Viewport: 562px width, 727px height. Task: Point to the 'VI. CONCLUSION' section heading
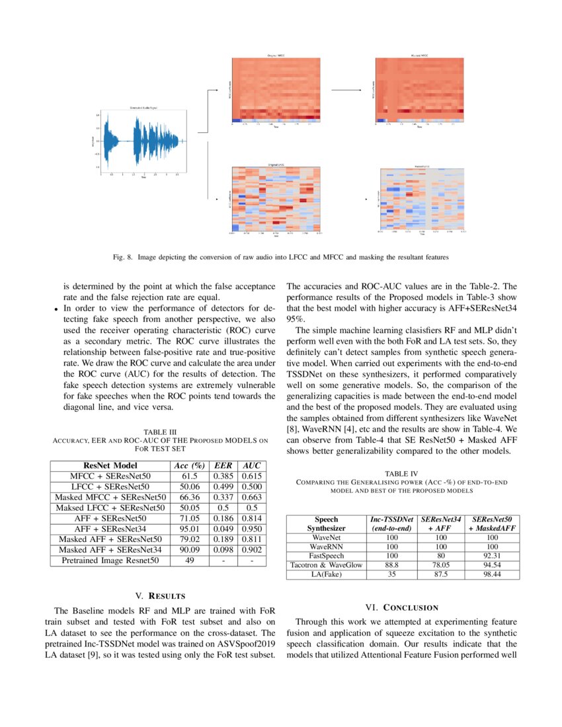click(402, 607)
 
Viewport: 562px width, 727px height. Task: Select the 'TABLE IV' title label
click(401, 473)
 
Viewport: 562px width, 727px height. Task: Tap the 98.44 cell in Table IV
click(493, 574)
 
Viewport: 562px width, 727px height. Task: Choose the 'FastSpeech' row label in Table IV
click(326, 556)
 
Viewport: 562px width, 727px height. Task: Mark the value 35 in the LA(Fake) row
click(392, 574)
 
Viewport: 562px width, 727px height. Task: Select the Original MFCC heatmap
click(276, 89)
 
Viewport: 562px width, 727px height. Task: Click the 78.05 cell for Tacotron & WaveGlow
click(440, 565)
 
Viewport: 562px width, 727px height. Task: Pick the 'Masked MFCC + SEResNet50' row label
click(110, 496)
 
